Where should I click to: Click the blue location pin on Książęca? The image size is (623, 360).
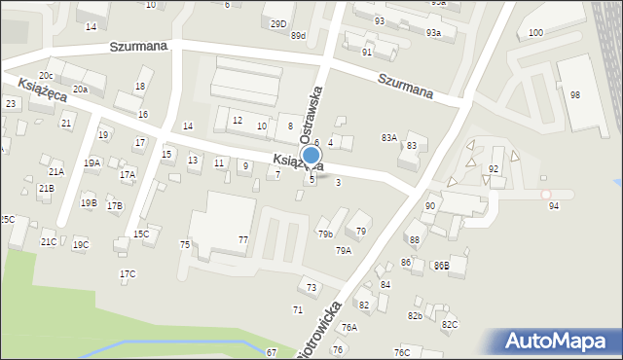[x=311, y=157]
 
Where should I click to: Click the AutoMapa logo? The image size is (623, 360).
[x=557, y=340]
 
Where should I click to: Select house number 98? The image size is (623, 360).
[x=575, y=94]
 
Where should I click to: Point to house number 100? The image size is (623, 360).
[x=535, y=33]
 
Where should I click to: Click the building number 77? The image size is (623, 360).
[x=243, y=239]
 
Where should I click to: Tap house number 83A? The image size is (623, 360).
[x=389, y=138]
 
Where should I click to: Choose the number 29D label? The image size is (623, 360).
[x=278, y=23]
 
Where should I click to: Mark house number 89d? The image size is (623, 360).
[x=298, y=36]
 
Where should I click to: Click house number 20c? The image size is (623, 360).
[x=47, y=75]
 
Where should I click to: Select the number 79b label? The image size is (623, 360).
[x=325, y=234]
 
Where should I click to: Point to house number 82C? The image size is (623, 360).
[x=449, y=324]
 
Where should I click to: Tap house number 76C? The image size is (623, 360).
[x=401, y=351]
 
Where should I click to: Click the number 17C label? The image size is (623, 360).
[x=128, y=273]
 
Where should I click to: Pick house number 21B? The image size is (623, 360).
[x=47, y=188]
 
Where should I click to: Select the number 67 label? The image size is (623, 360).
[x=271, y=351]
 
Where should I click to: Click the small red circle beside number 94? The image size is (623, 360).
[x=546, y=194]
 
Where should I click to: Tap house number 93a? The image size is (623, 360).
[x=433, y=33]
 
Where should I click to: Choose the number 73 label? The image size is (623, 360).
[x=311, y=287]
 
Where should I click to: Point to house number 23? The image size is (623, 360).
[x=11, y=103]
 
